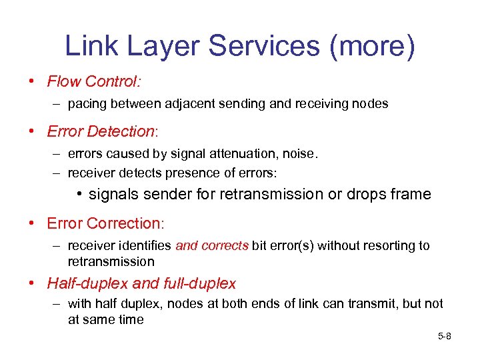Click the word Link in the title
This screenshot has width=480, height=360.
(89, 46)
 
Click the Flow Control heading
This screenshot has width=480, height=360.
(93, 82)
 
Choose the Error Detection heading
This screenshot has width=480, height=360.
(100, 131)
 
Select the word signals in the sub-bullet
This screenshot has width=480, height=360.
(113, 195)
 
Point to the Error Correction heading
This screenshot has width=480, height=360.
(104, 223)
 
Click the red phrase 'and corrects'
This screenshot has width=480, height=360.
(212, 246)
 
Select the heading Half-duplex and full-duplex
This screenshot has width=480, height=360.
(141, 283)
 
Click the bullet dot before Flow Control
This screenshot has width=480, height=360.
(32, 82)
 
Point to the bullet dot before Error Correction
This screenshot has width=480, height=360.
(32, 223)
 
